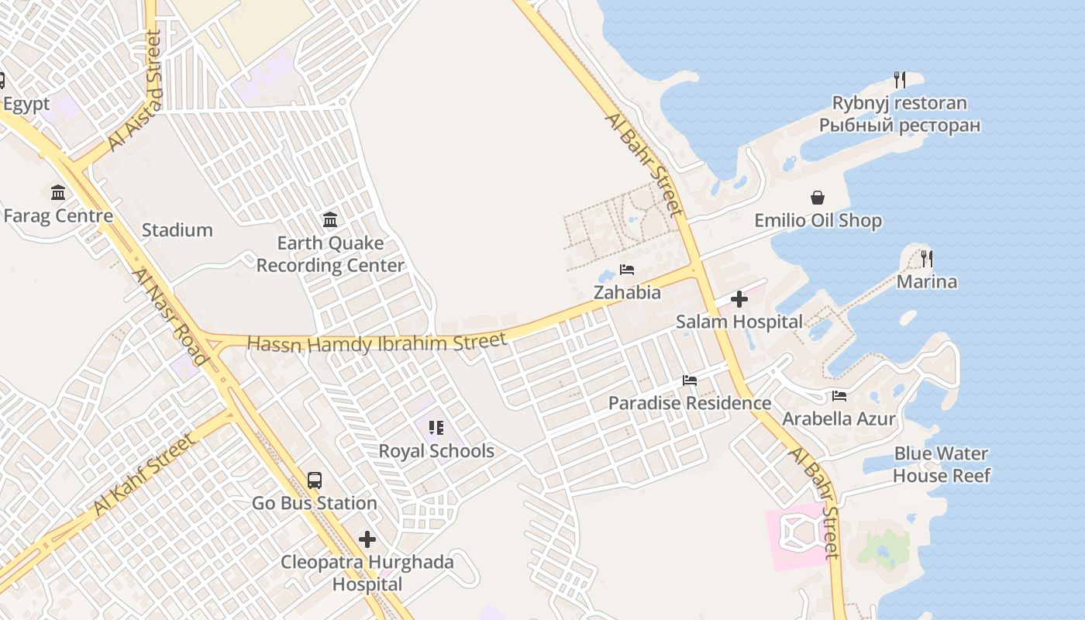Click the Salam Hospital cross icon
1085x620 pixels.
(739, 298)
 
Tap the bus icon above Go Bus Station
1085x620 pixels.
(314, 480)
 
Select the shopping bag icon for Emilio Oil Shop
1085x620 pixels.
(818, 198)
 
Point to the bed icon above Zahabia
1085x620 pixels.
(627, 270)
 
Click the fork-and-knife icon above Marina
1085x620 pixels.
(926, 258)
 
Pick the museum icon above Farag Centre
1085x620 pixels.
(58, 192)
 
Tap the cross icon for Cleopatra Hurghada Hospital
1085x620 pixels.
(367, 539)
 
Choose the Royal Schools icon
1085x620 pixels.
(436, 427)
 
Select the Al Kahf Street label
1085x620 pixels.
(143, 475)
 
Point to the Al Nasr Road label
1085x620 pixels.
(170, 317)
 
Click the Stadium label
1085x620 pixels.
(177, 230)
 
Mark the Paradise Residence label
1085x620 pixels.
(689, 403)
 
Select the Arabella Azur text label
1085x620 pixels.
(839, 419)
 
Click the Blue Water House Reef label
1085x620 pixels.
(941, 464)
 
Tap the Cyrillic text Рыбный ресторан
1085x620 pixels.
(900, 125)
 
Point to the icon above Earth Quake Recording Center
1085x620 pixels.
(330, 220)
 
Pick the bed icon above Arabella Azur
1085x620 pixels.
(839, 396)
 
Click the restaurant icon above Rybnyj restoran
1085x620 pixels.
(899, 79)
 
